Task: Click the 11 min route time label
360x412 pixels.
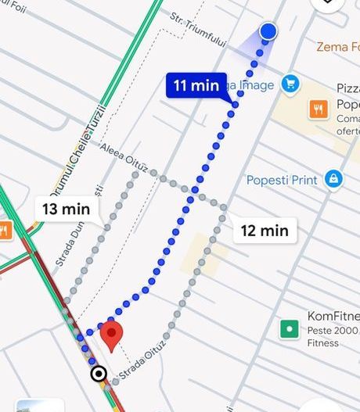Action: point(196,85)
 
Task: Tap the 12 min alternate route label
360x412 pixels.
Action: point(265,230)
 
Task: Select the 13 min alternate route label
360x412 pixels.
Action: point(67,209)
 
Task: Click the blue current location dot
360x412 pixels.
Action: point(268,31)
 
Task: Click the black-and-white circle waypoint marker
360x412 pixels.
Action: point(99,374)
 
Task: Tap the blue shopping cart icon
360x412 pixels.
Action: point(290,83)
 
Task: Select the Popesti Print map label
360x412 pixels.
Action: point(282,180)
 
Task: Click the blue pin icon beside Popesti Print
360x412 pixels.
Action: point(334,179)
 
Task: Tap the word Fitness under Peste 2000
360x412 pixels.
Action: point(322,342)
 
